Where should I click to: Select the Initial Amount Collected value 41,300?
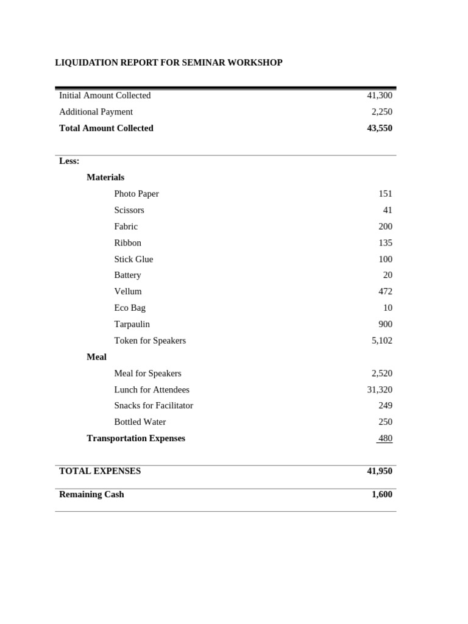[x=380, y=96]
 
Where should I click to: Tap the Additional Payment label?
[x=96, y=112]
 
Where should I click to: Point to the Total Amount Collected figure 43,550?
[x=380, y=129]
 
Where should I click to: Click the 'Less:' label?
[x=69, y=161]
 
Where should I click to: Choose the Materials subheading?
[x=105, y=177]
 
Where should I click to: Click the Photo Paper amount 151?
[x=385, y=194]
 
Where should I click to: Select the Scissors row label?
[x=129, y=210]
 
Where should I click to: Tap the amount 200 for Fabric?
[x=385, y=227]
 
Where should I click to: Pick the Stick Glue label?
[x=133, y=260]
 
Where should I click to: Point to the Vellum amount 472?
[x=385, y=292]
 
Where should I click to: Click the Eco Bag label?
[x=130, y=308]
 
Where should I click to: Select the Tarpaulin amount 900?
[x=385, y=325]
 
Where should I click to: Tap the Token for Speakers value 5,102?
[x=382, y=341]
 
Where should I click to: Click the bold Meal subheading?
[x=96, y=357]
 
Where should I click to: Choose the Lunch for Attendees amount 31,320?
[x=380, y=390]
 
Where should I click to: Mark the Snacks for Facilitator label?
[x=154, y=406]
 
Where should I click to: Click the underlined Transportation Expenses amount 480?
[x=385, y=439]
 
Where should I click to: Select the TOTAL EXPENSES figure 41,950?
[x=380, y=472]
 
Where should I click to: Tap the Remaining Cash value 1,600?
[x=382, y=495]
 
